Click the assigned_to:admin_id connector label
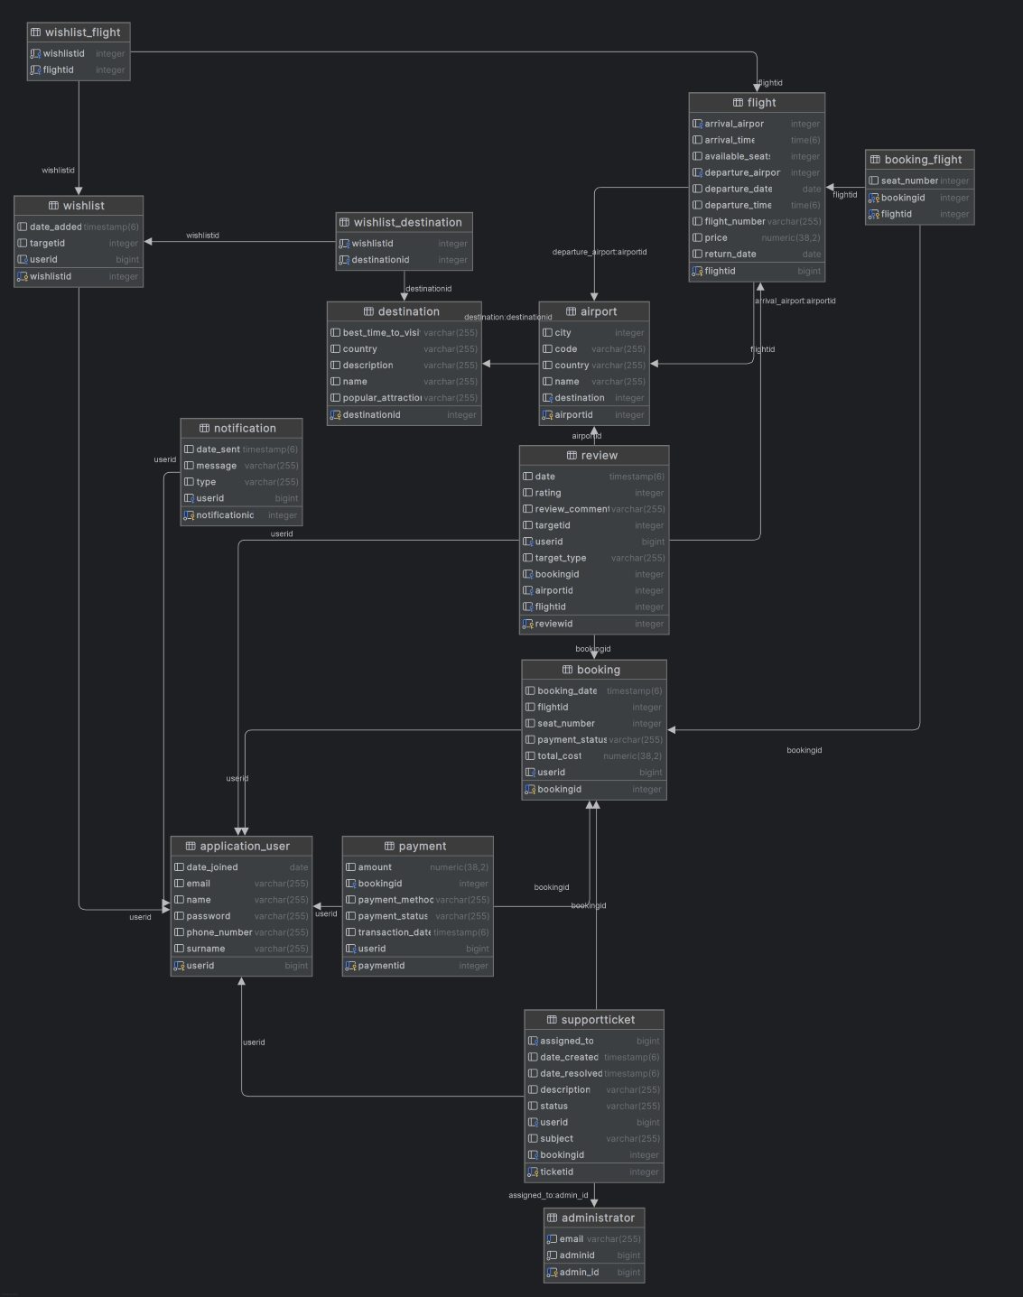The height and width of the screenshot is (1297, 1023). coord(548,1195)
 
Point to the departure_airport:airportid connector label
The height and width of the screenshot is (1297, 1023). coord(600,252)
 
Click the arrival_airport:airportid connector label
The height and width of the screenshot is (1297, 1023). coord(795,301)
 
